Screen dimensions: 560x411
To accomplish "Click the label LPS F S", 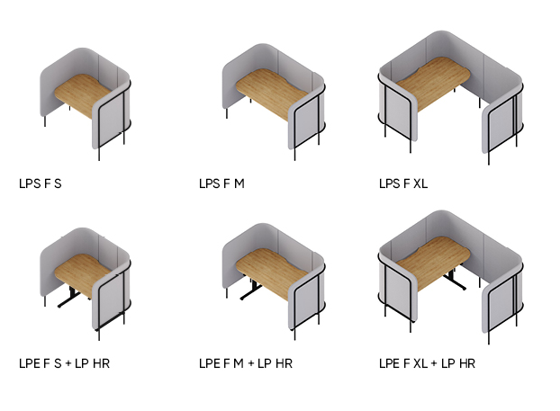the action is [x=41, y=183].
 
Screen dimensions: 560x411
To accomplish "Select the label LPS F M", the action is [x=221, y=183].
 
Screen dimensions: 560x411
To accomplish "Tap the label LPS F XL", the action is [x=403, y=183].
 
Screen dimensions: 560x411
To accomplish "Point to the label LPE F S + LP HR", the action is [x=64, y=363].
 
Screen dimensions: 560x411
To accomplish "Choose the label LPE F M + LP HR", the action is [x=246, y=363].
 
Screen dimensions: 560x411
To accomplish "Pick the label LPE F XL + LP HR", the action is [x=427, y=363].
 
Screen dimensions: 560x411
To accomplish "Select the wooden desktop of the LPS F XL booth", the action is [x=433, y=83].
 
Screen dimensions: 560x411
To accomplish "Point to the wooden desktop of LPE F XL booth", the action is [x=433, y=263].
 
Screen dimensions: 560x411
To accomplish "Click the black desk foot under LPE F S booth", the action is [x=69, y=299].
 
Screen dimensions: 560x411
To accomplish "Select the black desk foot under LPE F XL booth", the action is [x=455, y=281].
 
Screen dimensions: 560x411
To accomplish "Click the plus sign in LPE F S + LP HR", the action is [x=68, y=363].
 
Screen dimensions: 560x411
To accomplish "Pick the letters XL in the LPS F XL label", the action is [x=420, y=183].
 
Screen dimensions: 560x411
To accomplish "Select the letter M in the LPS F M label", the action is [x=239, y=183].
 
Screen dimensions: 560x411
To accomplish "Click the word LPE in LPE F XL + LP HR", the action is [x=389, y=363].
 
